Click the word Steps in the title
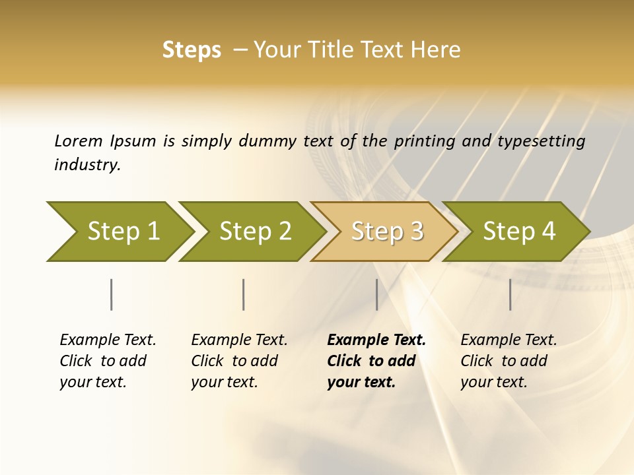click(192, 50)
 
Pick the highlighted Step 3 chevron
click(387, 231)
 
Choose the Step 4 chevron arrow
click(519, 231)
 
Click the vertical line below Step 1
click(111, 294)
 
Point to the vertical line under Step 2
click(244, 294)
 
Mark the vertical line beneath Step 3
click(376, 294)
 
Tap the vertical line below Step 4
click(510, 294)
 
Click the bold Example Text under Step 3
click(376, 340)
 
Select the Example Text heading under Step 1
click(108, 340)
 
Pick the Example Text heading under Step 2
click(239, 340)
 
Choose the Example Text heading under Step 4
click(509, 340)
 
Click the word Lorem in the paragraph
click(79, 141)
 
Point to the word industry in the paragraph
click(87, 164)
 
